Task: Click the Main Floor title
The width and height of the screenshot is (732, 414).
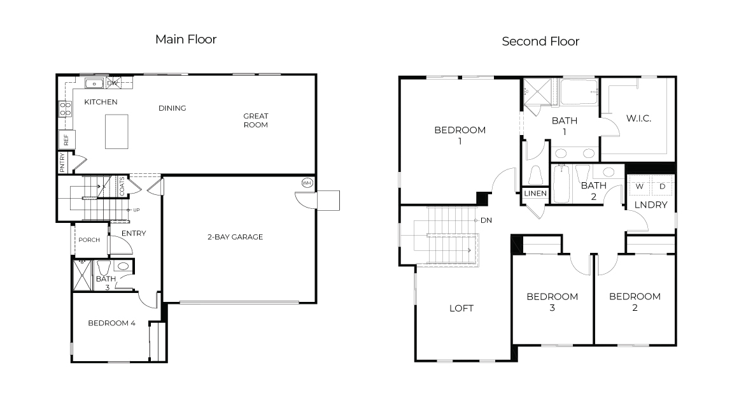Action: (x=186, y=39)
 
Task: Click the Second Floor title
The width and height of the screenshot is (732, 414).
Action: (x=540, y=41)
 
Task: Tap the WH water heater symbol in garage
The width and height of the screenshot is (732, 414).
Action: (x=307, y=183)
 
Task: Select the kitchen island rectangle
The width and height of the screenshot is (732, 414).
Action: (x=116, y=131)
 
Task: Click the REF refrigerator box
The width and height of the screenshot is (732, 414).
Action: (x=66, y=139)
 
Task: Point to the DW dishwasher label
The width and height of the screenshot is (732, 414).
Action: (x=112, y=83)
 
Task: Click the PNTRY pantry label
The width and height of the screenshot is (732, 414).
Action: (x=62, y=162)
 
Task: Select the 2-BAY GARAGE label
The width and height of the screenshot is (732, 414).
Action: (x=235, y=237)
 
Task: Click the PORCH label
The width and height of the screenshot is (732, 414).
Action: (x=88, y=240)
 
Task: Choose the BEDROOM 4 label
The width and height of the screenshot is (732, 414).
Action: (x=111, y=323)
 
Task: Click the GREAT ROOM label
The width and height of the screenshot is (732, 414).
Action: (x=255, y=120)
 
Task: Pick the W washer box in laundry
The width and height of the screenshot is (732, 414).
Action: (x=639, y=185)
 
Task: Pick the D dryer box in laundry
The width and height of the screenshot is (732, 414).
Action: (x=662, y=185)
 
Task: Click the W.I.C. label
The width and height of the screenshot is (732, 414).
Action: (x=638, y=119)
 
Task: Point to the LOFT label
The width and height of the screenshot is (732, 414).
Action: (x=461, y=308)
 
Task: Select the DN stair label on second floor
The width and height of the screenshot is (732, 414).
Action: (x=486, y=220)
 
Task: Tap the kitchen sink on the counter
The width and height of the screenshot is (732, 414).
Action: (x=94, y=83)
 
